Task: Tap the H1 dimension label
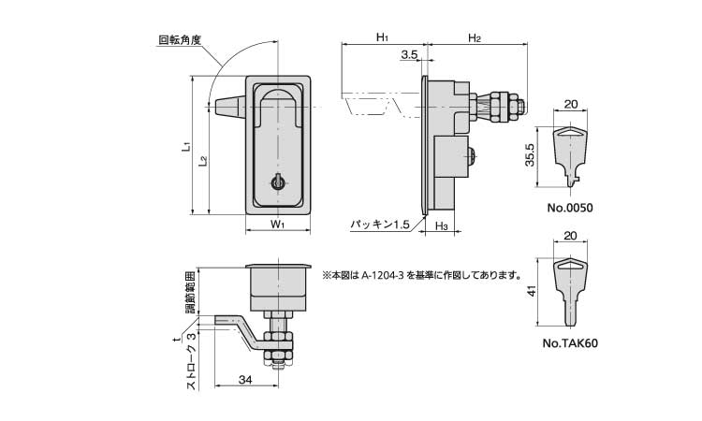coord(382,37)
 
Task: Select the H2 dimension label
coord(474,37)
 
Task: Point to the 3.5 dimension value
coord(409,56)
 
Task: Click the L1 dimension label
coord(187,147)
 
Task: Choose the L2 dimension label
coord(203,161)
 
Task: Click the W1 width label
coord(277,225)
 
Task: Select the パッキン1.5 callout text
coord(380,225)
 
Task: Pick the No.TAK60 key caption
coord(569,343)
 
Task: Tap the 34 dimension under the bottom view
coord(243,380)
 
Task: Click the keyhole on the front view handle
coord(277,182)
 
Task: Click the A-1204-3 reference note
coord(422,275)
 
